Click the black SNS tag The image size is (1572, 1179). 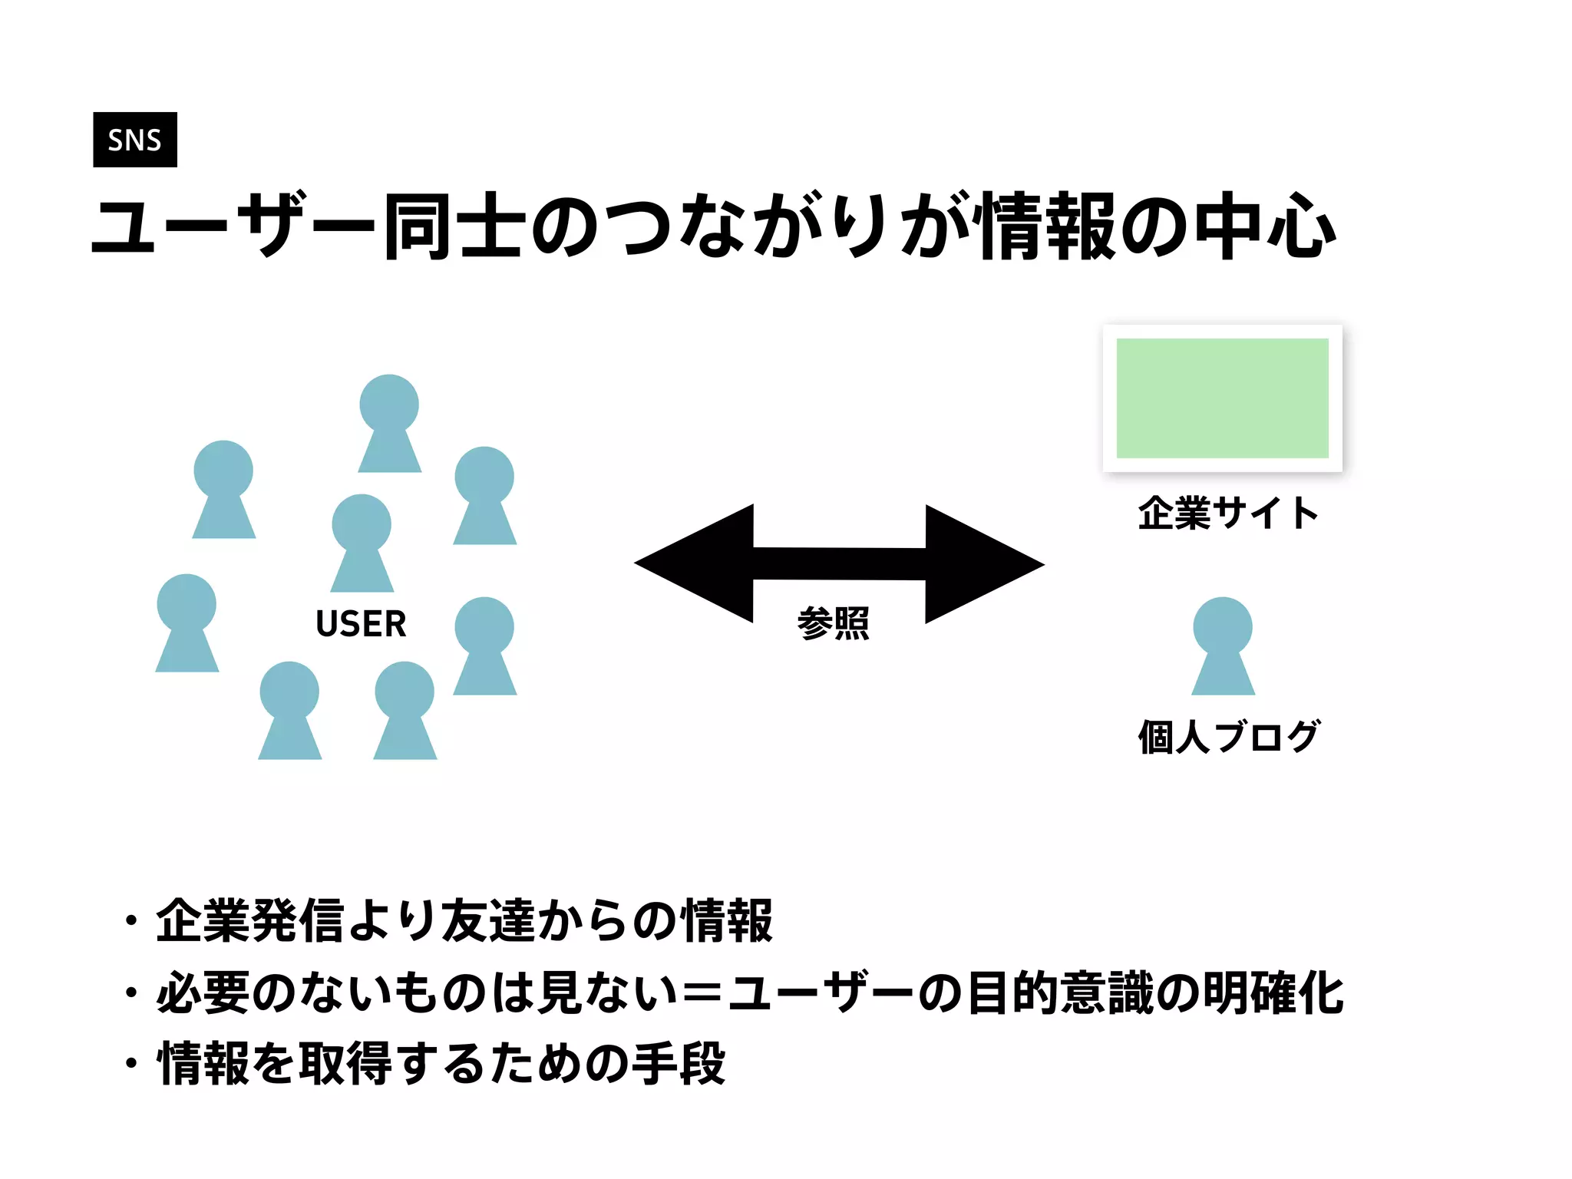pyautogui.click(x=135, y=140)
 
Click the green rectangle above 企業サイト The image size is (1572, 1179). pyautogui.click(x=1222, y=398)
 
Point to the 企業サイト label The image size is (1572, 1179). pyautogui.click(x=1228, y=513)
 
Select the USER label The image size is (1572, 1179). pyautogui.click(x=361, y=623)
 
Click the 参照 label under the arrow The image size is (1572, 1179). pyautogui.click(x=834, y=623)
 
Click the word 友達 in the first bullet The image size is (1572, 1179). pyautogui.click(x=488, y=920)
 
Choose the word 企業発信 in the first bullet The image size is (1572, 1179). pyautogui.click(x=250, y=920)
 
